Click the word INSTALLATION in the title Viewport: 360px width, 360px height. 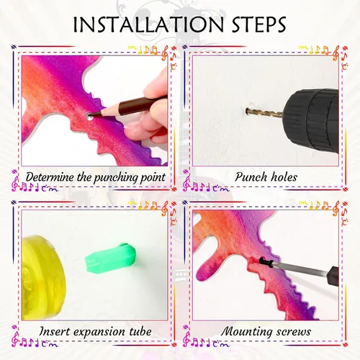148,24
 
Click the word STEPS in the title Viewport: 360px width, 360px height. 259,24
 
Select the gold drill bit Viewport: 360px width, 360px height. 264,112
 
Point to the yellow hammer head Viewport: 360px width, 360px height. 43,276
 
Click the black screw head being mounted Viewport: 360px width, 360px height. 263,261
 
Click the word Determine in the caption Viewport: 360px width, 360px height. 50,177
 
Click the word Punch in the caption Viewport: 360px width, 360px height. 251,177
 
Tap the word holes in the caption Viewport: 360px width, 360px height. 284,177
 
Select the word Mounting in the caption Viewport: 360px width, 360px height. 246,332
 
